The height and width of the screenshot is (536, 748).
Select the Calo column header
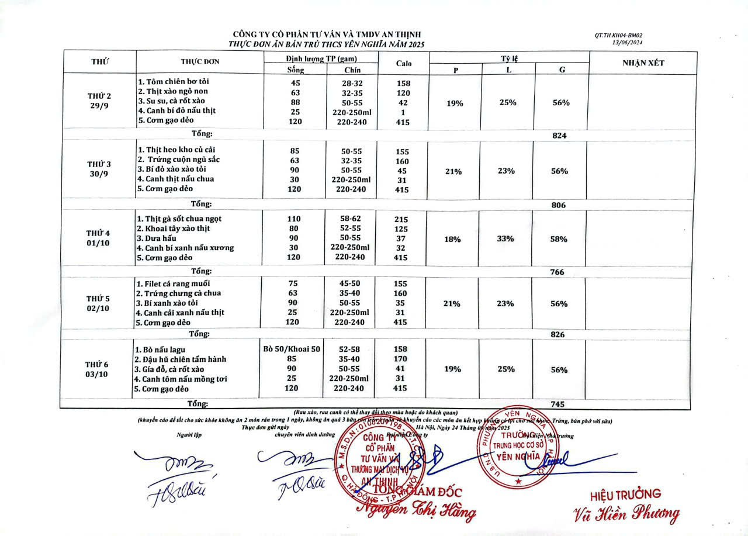(403, 63)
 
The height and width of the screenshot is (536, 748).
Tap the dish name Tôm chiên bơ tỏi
(170, 82)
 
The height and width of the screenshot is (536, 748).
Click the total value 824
(560, 136)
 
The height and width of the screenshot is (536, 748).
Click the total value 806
(560, 205)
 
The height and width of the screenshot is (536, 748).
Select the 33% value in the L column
(506, 238)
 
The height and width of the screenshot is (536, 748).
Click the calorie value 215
(401, 219)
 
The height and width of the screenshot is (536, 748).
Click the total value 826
(559, 334)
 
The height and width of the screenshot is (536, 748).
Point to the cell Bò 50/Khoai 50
(292, 348)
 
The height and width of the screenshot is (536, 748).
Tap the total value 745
(559, 404)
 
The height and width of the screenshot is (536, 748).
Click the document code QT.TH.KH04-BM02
(618, 36)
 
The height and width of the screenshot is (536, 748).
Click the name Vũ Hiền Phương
(626, 514)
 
